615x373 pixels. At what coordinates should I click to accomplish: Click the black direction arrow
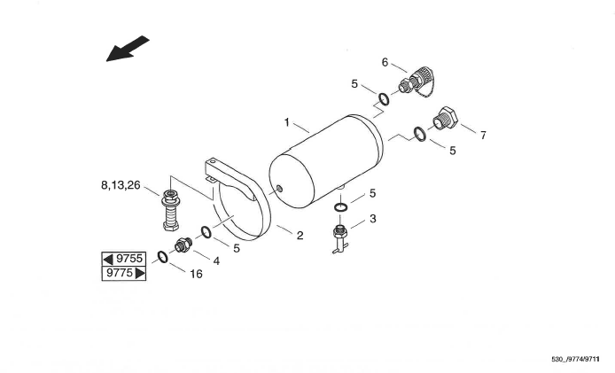pos(128,49)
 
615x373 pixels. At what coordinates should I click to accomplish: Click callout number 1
pos(287,120)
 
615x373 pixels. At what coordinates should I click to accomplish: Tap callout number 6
pos(385,62)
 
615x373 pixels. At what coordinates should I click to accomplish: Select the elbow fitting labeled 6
pos(417,82)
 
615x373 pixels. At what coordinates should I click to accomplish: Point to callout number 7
pos(483,136)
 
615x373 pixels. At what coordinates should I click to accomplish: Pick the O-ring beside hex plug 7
pos(420,134)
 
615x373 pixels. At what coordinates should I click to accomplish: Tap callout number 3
pos(373,218)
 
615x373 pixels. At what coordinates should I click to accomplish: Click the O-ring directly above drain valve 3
pos(341,207)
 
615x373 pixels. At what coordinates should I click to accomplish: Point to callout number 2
pos(300,235)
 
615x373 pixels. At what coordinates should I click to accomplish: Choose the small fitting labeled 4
pos(183,245)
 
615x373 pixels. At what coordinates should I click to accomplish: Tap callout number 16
pos(196,275)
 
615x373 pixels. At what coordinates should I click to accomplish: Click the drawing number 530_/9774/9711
pos(575,360)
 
